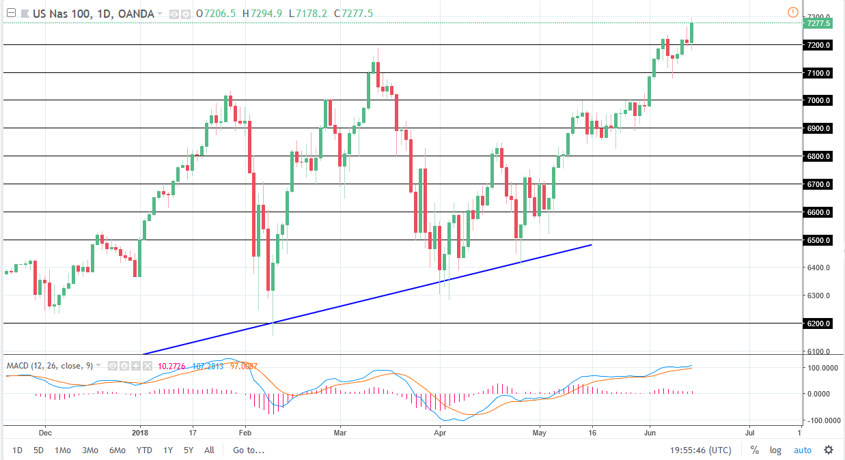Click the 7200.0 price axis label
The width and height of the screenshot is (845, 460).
(x=818, y=45)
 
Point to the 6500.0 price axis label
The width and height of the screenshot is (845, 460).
(x=818, y=240)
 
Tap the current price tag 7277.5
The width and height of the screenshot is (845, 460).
(x=818, y=23)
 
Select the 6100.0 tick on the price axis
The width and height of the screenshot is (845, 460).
(x=818, y=351)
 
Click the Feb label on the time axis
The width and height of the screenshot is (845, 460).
(x=245, y=433)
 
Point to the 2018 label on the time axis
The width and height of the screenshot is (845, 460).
(x=139, y=433)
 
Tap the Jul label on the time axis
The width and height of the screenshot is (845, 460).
(x=749, y=433)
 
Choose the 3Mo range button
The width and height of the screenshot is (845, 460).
(x=89, y=450)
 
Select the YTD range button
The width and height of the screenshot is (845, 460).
(x=144, y=450)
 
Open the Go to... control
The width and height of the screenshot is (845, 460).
(x=249, y=450)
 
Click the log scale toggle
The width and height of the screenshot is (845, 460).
(x=775, y=450)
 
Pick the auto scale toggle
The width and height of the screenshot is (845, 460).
(x=802, y=450)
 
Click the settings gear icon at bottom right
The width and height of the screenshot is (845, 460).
(x=828, y=450)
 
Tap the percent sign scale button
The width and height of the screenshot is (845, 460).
(x=755, y=450)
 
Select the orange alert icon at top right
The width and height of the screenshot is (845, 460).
(x=792, y=12)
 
